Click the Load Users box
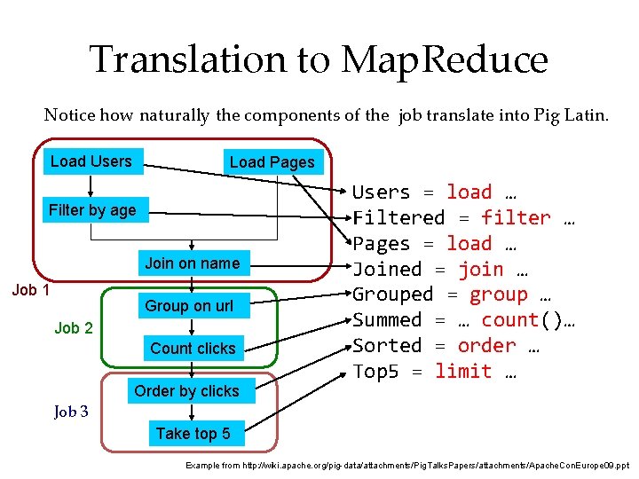click(91, 161)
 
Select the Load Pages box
click(272, 162)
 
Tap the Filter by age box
click(92, 210)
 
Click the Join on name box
click(193, 263)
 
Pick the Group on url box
click(189, 306)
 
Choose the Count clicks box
click(193, 349)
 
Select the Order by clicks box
click(186, 391)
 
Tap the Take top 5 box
click(193, 434)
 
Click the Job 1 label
click(30, 290)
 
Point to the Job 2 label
click(74, 328)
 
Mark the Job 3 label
click(71, 412)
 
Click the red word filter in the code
click(516, 218)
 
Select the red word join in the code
click(481, 270)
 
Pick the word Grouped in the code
click(392, 295)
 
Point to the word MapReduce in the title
click(445, 60)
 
